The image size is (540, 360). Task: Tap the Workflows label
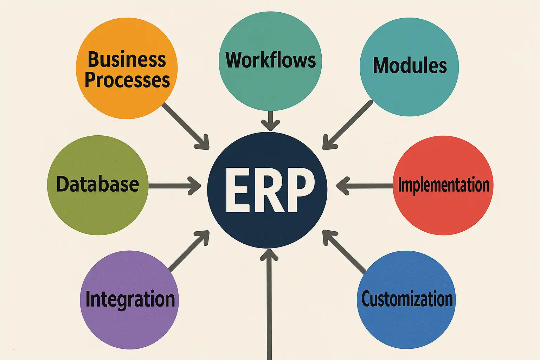(x=270, y=60)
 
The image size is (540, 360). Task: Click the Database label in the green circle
(x=98, y=184)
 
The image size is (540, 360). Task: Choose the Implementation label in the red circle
(x=443, y=185)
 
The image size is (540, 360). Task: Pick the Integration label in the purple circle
(x=130, y=299)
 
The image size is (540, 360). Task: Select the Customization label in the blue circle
(x=407, y=299)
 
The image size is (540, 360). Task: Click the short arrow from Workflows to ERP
(x=270, y=120)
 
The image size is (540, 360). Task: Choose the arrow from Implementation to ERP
(x=366, y=185)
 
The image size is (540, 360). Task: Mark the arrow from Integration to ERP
(x=189, y=251)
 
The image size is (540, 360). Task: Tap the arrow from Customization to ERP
(x=345, y=251)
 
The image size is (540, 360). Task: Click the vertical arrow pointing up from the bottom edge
(x=269, y=302)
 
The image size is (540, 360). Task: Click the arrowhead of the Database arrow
(x=195, y=185)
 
